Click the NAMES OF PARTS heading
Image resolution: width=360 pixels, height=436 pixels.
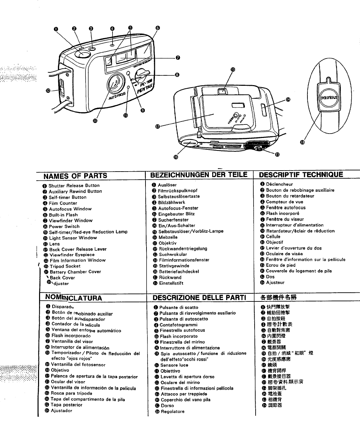tap(75, 176)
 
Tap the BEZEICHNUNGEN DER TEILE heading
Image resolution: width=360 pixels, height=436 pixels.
tap(199, 175)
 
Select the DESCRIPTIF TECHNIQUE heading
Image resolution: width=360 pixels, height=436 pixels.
tap(301, 174)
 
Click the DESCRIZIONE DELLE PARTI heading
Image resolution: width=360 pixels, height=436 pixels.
tap(199, 297)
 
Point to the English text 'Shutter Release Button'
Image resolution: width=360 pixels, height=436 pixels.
tap(74, 185)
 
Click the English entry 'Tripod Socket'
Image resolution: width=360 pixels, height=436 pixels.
tap(65, 266)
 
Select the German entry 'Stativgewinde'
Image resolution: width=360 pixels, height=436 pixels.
tap(174, 266)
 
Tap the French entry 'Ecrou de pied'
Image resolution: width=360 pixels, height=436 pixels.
tap(281, 265)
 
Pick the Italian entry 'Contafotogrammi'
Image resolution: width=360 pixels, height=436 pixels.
tap(178, 325)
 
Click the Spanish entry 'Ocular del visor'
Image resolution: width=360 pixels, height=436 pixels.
tap(68, 382)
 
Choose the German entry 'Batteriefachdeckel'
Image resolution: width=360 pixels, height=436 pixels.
tap(179, 271)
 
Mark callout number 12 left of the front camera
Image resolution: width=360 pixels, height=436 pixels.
tap(48, 90)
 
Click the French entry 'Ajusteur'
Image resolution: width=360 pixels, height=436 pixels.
tap(275, 283)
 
